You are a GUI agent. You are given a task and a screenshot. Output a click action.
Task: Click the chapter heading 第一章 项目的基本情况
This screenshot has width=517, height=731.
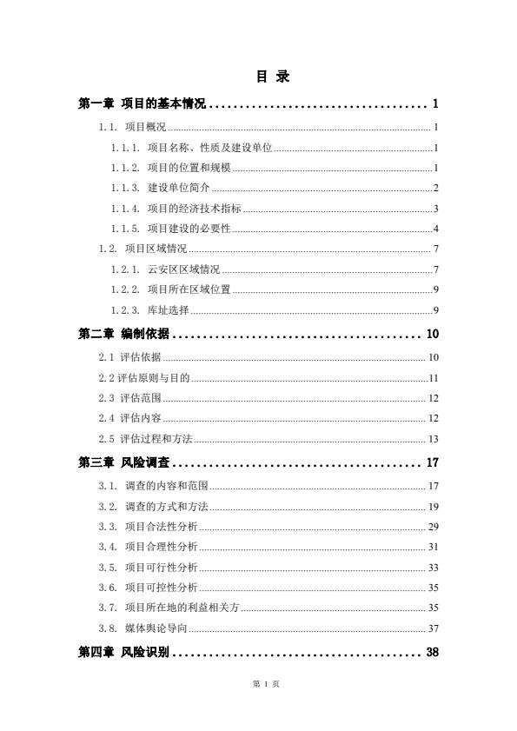[142, 104]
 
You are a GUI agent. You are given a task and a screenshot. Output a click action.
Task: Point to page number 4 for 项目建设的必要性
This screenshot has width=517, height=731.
[435, 229]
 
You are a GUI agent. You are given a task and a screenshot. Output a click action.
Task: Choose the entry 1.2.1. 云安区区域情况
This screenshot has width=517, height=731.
[165, 269]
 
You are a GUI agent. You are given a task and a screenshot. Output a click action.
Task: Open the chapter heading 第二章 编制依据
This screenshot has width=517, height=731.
[124, 335]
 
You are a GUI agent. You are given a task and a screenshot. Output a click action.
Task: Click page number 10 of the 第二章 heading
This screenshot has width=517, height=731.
[432, 335]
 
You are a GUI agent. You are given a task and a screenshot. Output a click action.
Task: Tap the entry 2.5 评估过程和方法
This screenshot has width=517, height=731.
[145, 439]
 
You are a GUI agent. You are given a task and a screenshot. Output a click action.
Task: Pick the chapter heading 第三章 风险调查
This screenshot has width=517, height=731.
[124, 462]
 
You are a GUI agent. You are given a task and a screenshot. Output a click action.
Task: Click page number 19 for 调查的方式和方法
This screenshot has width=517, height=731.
[433, 506]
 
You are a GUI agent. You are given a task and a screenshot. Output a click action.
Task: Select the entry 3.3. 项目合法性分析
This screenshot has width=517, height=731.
[149, 527]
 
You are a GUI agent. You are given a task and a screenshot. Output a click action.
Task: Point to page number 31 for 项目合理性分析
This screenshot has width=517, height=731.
[433, 547]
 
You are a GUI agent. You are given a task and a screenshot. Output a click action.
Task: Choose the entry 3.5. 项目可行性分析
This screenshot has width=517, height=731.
[149, 568]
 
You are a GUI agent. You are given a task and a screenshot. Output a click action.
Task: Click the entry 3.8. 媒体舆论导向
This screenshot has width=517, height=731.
[143, 628]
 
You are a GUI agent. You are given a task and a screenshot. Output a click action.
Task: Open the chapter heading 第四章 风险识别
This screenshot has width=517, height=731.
[124, 653]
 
